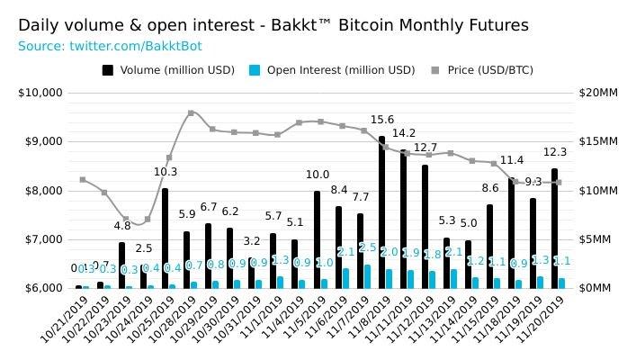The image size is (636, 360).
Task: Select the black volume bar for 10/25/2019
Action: [x=165, y=238]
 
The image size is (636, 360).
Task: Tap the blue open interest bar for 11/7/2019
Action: [x=367, y=276]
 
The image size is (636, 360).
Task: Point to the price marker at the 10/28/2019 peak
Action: [x=191, y=113]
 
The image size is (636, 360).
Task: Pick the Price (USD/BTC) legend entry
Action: [x=482, y=69]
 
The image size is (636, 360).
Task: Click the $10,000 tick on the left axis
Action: [x=40, y=93]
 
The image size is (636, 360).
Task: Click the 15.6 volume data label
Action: [x=382, y=120]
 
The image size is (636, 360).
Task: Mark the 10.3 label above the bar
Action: [x=166, y=172]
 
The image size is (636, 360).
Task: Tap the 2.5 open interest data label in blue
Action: [x=367, y=247]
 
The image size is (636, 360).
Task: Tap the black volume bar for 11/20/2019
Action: [x=555, y=229]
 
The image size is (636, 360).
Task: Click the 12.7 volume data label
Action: [x=425, y=148]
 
